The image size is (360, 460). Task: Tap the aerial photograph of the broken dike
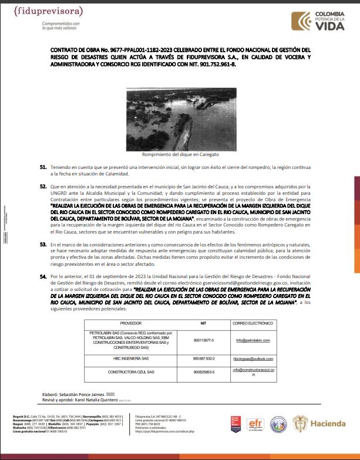point(180,120)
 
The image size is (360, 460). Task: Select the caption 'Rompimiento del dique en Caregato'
point(180,154)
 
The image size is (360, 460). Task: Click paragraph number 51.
point(43,167)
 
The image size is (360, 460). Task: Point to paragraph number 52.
point(43,186)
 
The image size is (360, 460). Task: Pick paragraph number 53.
point(43,243)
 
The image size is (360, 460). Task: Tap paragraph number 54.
point(43,275)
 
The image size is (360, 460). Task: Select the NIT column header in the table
point(204,324)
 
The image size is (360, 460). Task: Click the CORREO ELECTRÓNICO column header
point(253,324)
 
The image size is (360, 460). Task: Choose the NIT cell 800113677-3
point(204,340)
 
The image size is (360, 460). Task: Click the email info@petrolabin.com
point(253,340)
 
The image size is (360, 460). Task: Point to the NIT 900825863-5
point(204,372)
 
